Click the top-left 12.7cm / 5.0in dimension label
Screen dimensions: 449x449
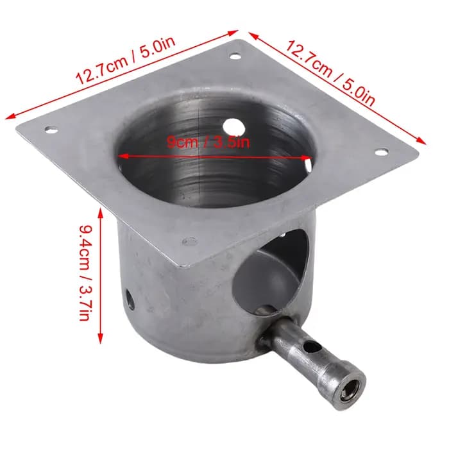pos(125,60)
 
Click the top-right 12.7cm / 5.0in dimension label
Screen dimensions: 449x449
pos(330,73)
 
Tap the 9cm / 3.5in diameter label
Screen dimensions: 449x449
pos(208,142)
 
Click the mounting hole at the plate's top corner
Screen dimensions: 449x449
pos(235,56)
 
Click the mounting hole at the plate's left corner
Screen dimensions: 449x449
pos(51,130)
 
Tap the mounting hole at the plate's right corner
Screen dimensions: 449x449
pos(381,152)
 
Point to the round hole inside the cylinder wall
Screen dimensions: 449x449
pos(233,126)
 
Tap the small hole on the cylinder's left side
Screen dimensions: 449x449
pos(130,300)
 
